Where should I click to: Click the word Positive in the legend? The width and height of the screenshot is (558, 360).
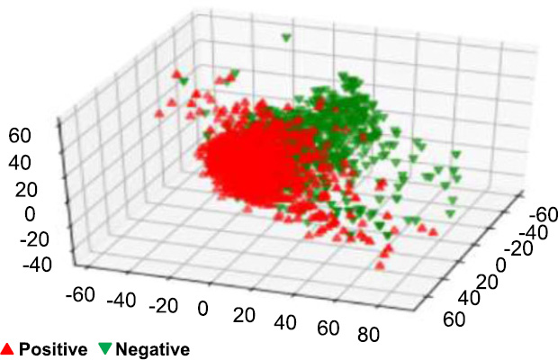click(x=53, y=349)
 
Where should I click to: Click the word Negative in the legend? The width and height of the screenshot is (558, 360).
click(x=153, y=349)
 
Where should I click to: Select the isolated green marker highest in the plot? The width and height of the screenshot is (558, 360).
click(x=286, y=38)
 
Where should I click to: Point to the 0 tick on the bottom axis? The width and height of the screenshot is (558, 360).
click(x=203, y=310)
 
